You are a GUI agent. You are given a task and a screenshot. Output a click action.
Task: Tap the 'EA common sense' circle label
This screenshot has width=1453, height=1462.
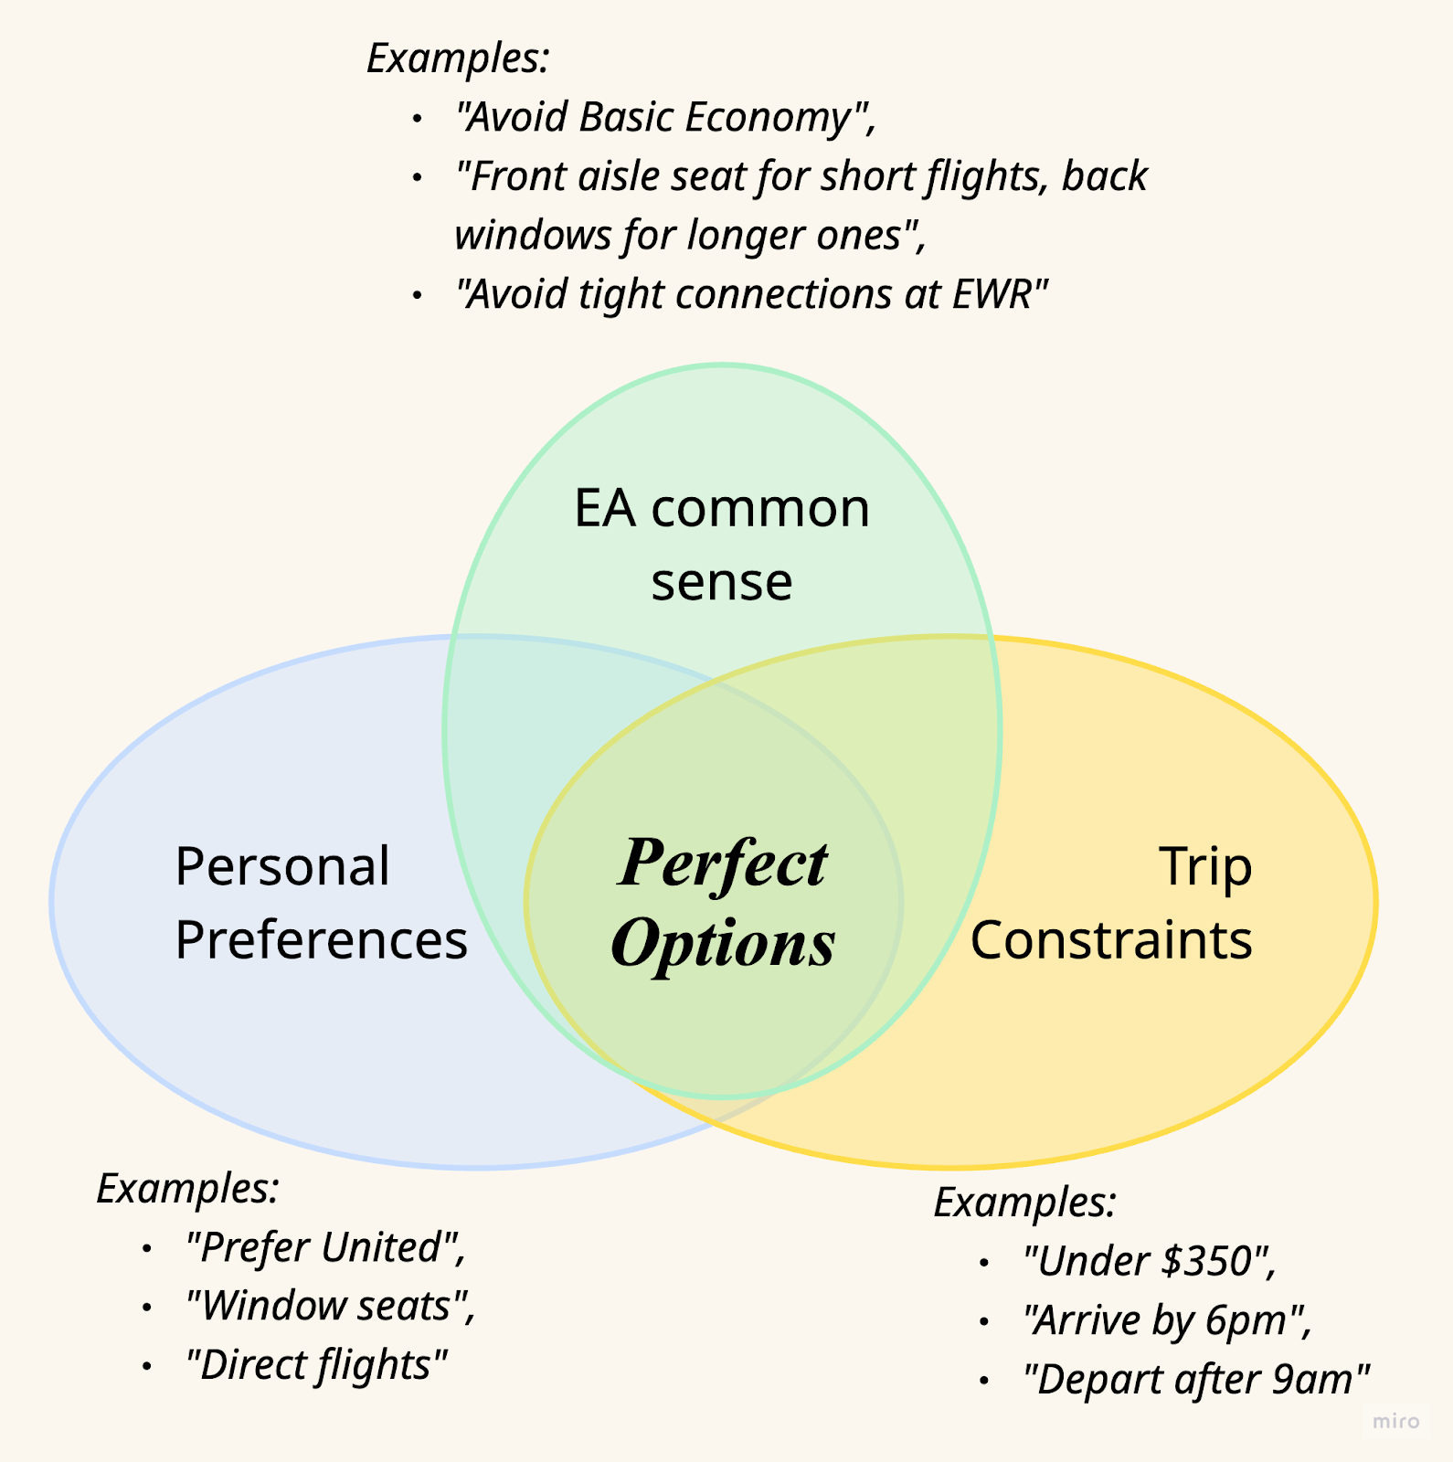pos(721,545)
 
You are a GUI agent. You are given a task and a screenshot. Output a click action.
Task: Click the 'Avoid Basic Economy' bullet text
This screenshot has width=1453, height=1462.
pos(665,118)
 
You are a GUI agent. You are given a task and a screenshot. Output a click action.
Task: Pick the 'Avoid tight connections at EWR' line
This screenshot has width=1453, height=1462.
pos(751,295)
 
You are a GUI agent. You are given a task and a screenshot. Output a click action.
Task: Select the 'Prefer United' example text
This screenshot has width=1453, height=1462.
pos(325,1248)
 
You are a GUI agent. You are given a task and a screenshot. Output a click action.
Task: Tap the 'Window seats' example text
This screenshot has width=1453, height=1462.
pos(330,1307)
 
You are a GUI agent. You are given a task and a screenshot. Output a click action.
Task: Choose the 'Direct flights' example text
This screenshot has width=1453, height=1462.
pos(316,1365)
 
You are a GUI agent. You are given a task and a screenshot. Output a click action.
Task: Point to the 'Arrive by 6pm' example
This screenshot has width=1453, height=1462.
pos(1167,1321)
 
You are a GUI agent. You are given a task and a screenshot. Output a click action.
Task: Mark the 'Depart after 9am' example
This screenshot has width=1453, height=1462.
pos(1196,1380)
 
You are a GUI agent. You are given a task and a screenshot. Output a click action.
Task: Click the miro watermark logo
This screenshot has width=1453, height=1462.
pos(1396,1421)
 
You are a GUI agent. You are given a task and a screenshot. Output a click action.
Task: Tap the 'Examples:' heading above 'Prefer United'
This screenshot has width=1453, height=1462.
pos(187,1189)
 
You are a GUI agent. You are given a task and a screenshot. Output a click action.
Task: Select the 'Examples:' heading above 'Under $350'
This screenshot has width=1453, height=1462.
pos(1024,1202)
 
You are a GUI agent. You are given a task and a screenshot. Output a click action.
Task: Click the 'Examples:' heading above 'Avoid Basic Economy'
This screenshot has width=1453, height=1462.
pos(458,58)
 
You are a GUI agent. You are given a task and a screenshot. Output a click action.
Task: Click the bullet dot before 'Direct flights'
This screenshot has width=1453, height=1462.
pos(146,1366)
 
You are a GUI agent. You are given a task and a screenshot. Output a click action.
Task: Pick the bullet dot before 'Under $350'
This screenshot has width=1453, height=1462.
pos(983,1264)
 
